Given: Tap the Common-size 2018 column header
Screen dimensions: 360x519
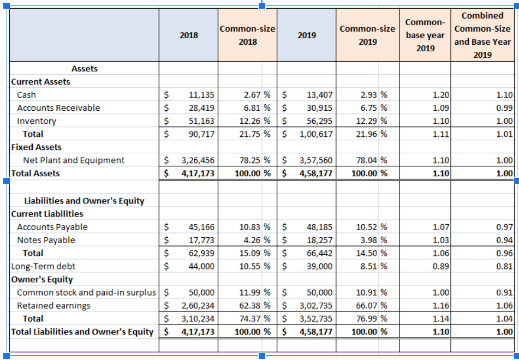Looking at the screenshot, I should (247, 35).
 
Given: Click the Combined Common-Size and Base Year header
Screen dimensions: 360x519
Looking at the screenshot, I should (482, 35).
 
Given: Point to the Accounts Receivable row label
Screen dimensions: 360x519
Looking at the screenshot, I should (58, 108).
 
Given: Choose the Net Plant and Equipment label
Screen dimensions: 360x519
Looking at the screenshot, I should (74, 160).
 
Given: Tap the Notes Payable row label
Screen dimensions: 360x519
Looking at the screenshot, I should (46, 240).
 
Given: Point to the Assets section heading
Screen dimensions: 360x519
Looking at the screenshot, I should (85, 69).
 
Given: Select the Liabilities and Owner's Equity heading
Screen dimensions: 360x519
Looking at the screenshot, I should (84, 201).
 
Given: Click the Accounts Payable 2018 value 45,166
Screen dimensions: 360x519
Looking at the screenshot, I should (201, 227).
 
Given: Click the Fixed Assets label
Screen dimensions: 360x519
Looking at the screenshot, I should (37, 147).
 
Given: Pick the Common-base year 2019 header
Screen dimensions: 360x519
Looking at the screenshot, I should (426, 35).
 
